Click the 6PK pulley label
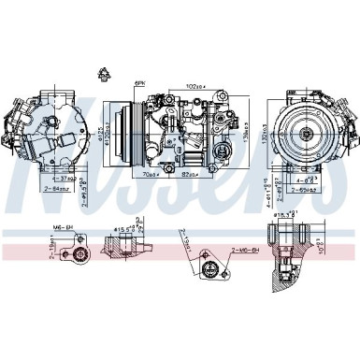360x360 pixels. point(140,83)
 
